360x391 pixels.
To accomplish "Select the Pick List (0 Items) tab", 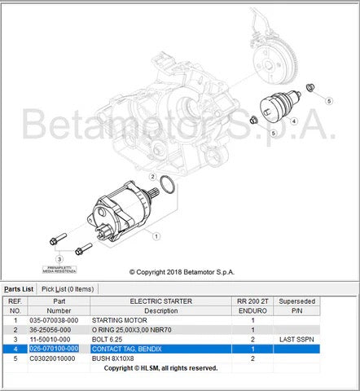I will [68, 288].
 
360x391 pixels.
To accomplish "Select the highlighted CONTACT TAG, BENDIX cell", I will [127, 349].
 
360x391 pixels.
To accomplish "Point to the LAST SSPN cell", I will [296, 339].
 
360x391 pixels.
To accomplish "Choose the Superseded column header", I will [296, 301].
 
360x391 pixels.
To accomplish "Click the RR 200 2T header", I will [252, 301].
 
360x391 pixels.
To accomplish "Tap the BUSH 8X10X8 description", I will [116, 358].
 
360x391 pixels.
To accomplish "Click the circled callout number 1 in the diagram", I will [156, 234].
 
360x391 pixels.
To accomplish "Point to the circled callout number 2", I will [152, 175].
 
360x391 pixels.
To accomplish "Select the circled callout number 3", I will [59, 259].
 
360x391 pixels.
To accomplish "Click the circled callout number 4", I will [294, 121].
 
